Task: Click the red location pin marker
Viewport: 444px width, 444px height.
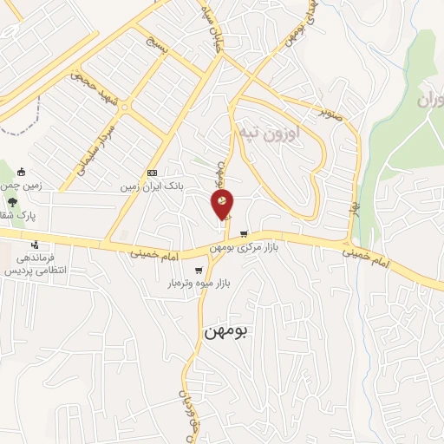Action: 222,205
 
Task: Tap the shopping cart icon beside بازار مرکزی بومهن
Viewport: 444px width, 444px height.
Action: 244,232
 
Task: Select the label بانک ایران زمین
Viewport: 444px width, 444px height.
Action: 153,186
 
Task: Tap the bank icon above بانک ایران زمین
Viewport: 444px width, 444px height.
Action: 153,173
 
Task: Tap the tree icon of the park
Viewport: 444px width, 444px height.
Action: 12,203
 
